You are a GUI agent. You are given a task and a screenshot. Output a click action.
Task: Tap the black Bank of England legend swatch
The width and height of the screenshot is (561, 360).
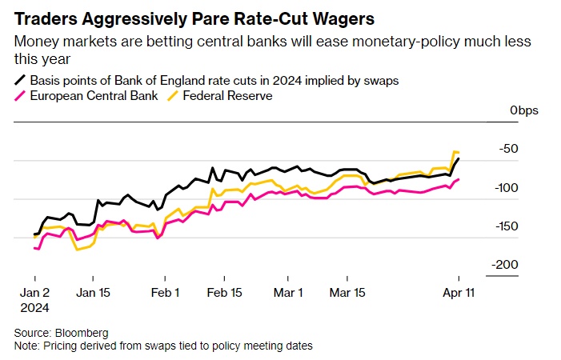click(x=19, y=80)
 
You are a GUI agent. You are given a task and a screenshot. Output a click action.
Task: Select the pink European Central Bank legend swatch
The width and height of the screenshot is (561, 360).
click(x=19, y=96)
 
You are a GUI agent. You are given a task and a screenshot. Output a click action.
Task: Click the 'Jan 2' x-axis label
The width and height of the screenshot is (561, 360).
click(x=35, y=293)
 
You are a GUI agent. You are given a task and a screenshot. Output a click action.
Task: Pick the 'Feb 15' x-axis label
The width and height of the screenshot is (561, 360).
click(x=226, y=293)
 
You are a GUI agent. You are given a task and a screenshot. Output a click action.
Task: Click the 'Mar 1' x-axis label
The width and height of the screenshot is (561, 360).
click(x=288, y=293)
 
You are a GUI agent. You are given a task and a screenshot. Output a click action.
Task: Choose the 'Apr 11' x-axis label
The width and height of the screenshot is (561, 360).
click(x=459, y=293)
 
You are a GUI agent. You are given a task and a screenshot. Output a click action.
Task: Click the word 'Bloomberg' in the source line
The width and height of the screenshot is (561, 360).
click(x=82, y=332)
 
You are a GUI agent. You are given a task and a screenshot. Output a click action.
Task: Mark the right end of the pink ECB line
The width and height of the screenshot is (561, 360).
click(x=459, y=180)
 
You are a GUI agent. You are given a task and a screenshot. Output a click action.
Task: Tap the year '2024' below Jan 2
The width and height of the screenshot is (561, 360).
click(x=35, y=307)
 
